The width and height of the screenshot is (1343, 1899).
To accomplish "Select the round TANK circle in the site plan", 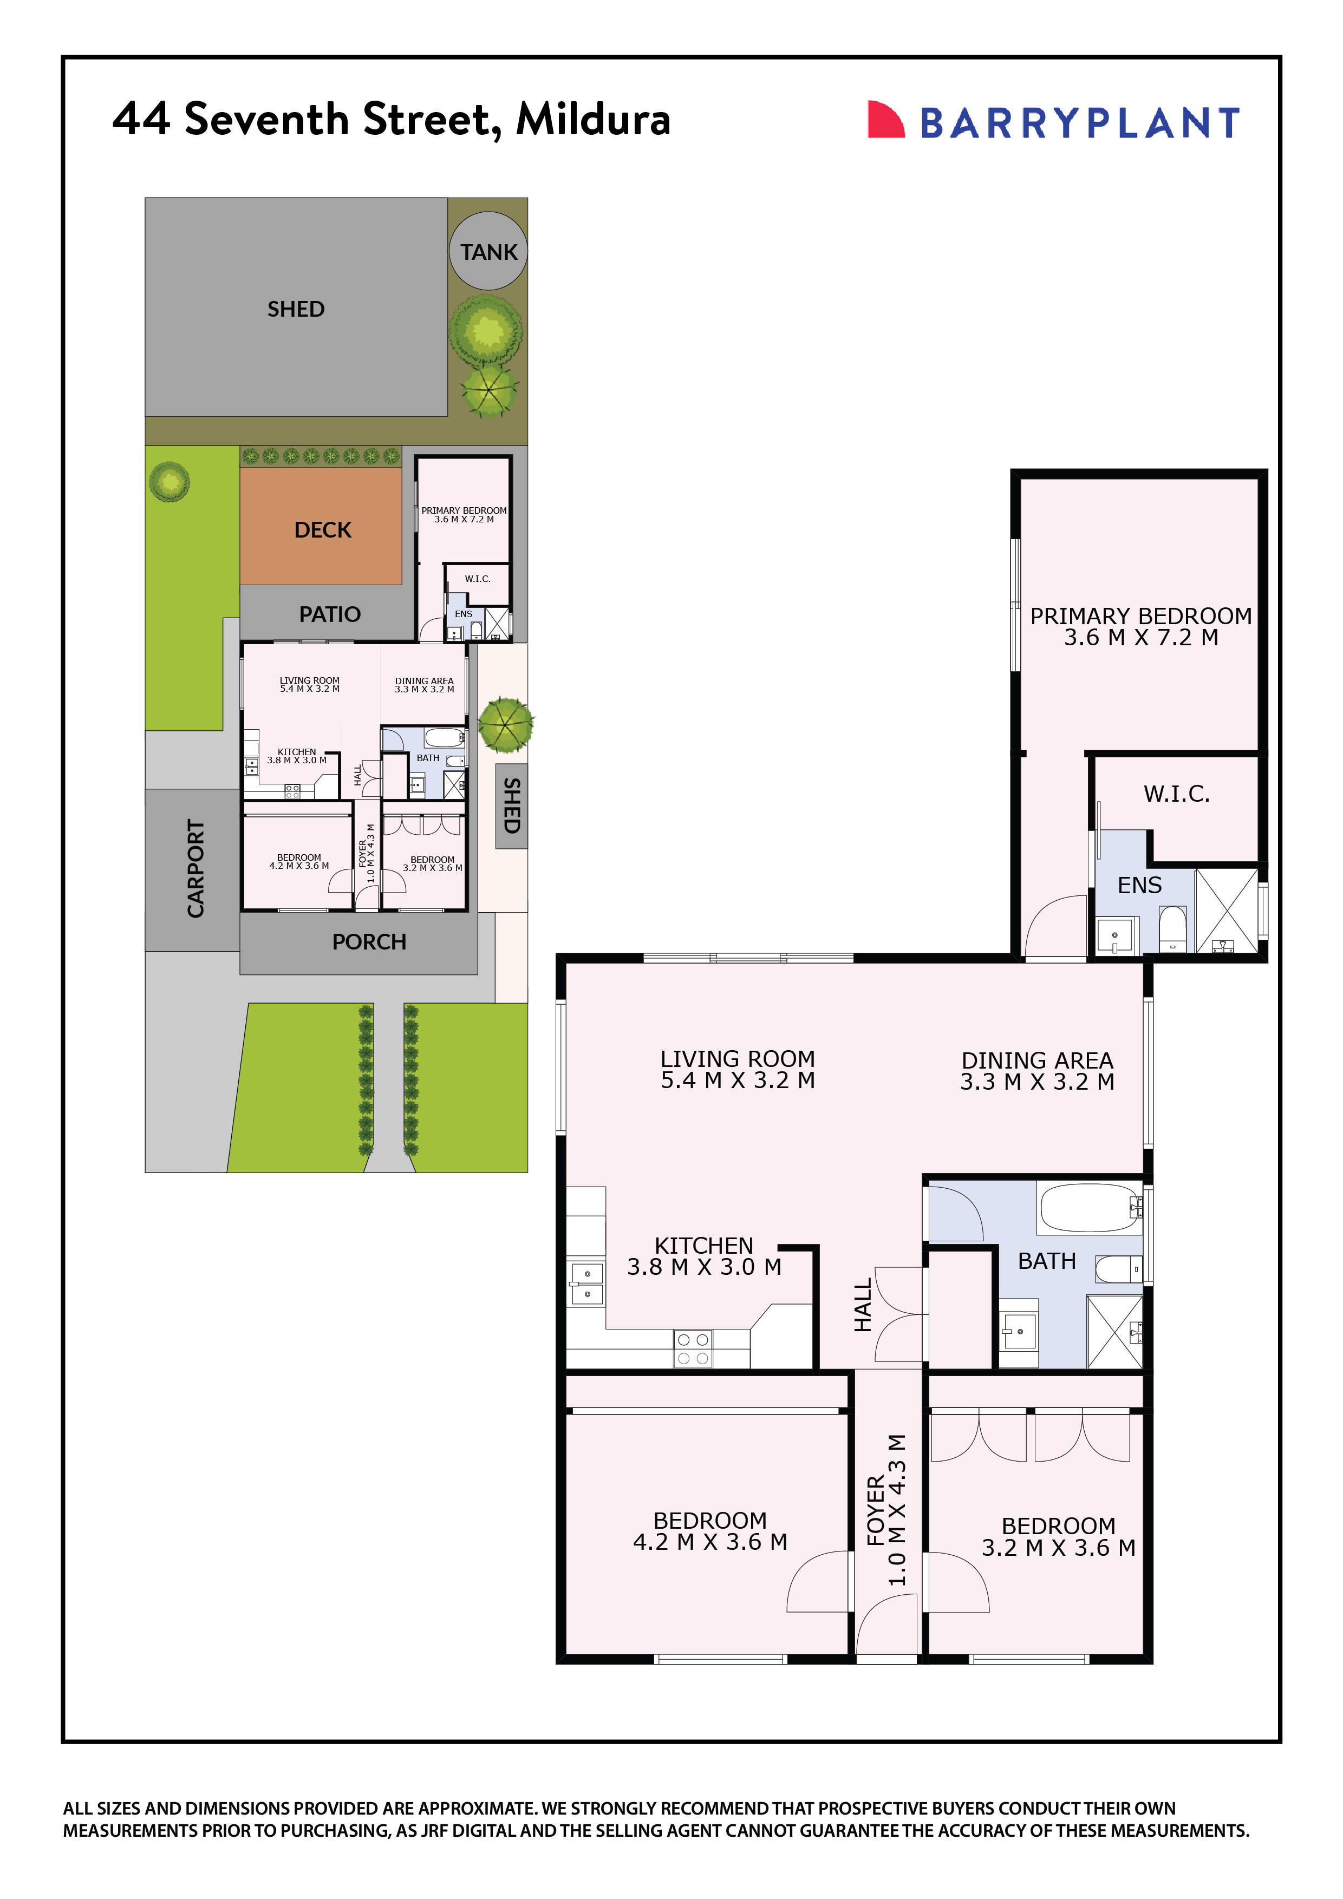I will [x=488, y=251].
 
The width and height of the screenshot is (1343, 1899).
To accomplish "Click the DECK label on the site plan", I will [x=323, y=530].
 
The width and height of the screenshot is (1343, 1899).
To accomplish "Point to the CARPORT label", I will [x=195, y=868].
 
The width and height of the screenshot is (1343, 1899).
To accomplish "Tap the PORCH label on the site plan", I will [x=369, y=942].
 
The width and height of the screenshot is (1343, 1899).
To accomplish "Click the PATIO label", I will [x=329, y=614].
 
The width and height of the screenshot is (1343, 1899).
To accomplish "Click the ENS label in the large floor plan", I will [x=1139, y=886].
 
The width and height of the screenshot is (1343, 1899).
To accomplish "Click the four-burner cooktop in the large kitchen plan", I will [x=693, y=1348].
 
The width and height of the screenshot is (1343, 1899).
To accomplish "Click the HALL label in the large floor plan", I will [x=863, y=1305].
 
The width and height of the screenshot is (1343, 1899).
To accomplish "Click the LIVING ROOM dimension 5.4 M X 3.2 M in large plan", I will [x=737, y=1081].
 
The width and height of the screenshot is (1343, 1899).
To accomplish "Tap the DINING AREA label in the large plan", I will [x=1037, y=1060].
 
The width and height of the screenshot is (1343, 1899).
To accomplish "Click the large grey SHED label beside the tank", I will [x=296, y=309].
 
